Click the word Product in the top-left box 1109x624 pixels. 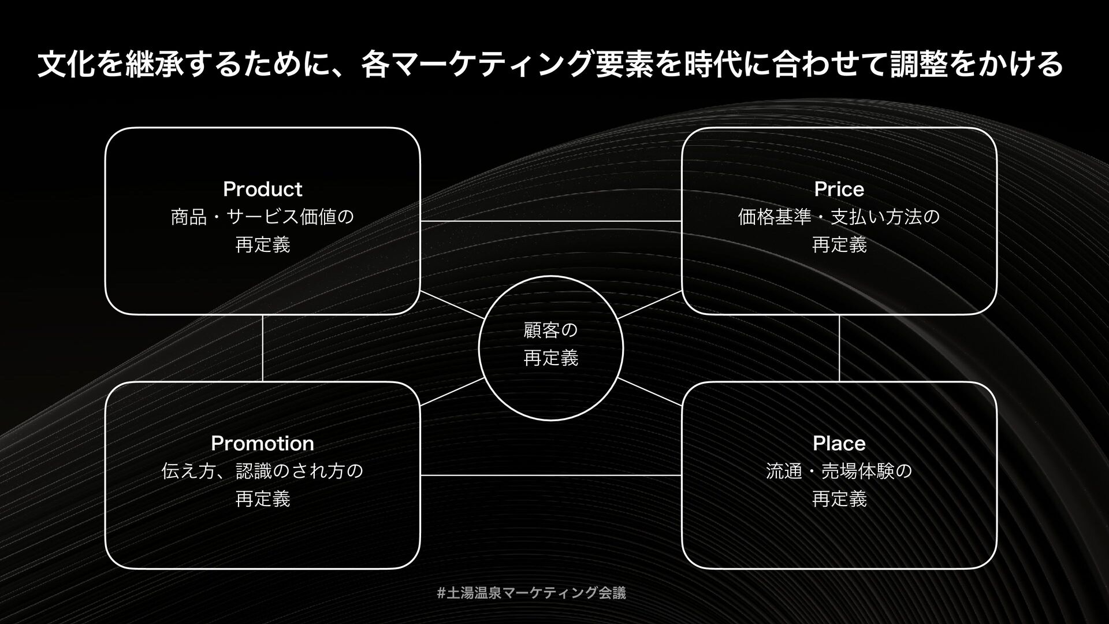(x=262, y=189)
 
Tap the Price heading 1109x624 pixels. (x=839, y=189)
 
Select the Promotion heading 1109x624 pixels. (x=262, y=443)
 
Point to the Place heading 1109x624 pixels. (x=839, y=443)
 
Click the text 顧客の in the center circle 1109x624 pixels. (x=550, y=330)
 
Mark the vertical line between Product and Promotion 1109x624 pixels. (x=263, y=348)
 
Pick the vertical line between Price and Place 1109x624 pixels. (x=839, y=348)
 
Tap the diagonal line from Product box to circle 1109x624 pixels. (x=452, y=305)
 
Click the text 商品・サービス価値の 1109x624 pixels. (x=262, y=217)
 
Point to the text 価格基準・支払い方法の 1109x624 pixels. (x=839, y=217)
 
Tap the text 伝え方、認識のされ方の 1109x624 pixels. (x=262, y=471)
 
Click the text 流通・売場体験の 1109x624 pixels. (x=839, y=471)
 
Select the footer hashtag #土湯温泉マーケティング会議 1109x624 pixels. (x=531, y=592)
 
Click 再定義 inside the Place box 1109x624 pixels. (x=839, y=499)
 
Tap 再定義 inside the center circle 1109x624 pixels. (x=550, y=358)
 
